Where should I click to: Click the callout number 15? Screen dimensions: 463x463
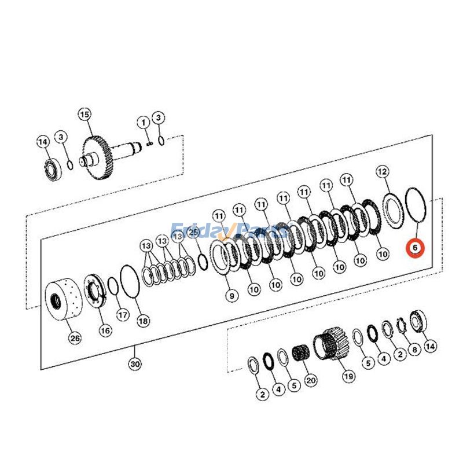coord(85,115)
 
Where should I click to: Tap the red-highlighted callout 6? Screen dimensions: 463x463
coord(414,248)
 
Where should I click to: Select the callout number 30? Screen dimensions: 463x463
coord(135,364)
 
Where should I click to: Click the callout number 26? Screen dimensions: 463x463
coord(75,338)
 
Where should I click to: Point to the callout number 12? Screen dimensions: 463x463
coord(382,171)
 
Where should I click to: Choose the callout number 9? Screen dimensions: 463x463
coord(231,296)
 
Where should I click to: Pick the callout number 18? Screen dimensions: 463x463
coord(142,319)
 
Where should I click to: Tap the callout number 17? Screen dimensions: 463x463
coord(122,315)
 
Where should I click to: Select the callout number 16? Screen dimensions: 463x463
coord(104,330)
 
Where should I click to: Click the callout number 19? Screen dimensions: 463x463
coord(348,377)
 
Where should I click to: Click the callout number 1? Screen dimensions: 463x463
coord(142,122)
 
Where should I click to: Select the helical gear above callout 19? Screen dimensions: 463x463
coord(331,345)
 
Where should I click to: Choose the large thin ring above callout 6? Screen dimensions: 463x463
coord(414,204)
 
